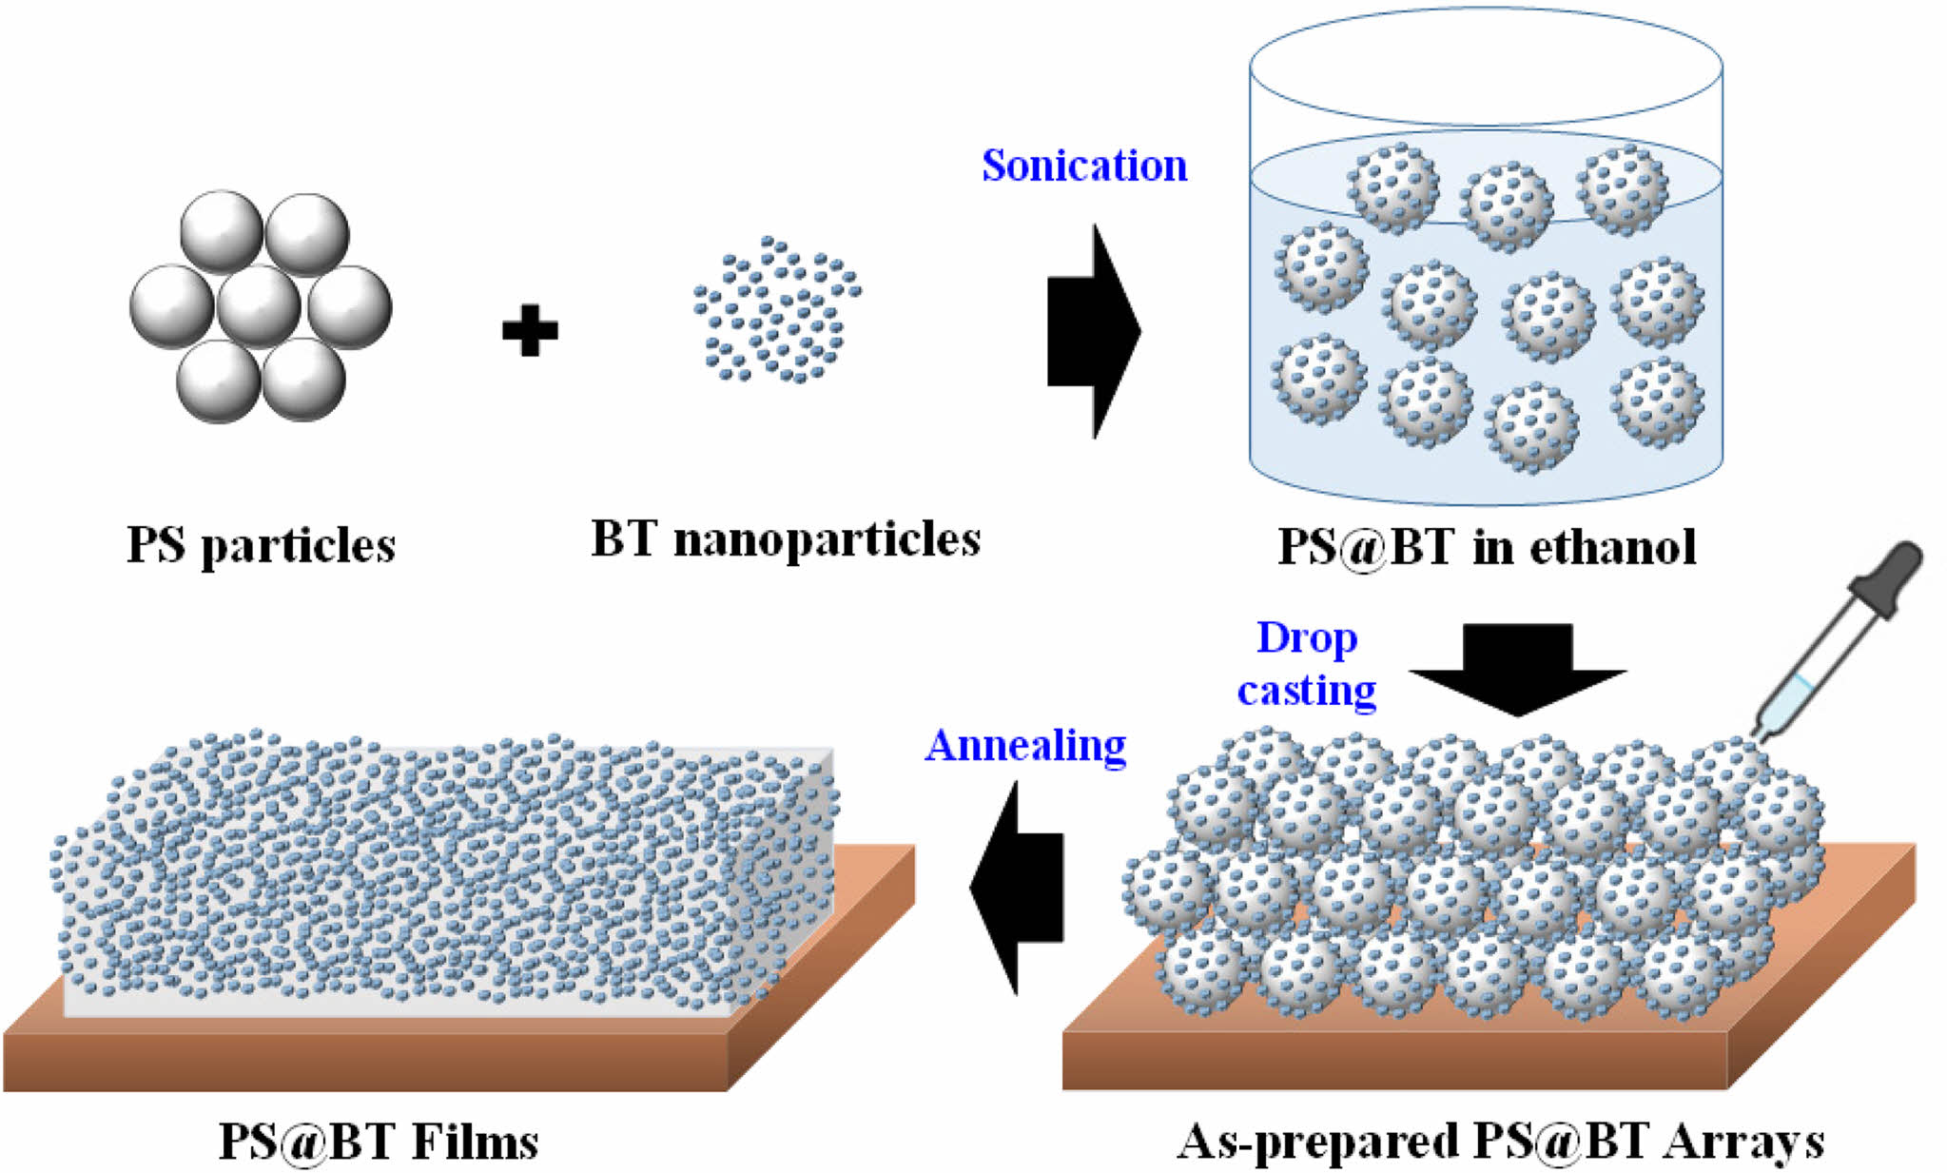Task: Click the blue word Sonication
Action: point(1084,166)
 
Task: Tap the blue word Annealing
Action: point(1025,746)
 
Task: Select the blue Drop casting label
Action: point(1307,664)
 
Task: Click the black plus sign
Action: point(530,330)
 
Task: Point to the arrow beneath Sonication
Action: point(1094,331)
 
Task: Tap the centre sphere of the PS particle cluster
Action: point(259,306)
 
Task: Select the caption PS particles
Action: point(261,546)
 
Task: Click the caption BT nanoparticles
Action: point(786,540)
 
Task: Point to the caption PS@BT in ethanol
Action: point(1486,547)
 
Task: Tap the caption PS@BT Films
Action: point(379,1141)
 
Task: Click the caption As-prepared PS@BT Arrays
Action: point(1501,1141)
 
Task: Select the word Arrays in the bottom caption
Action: point(1743,1141)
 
